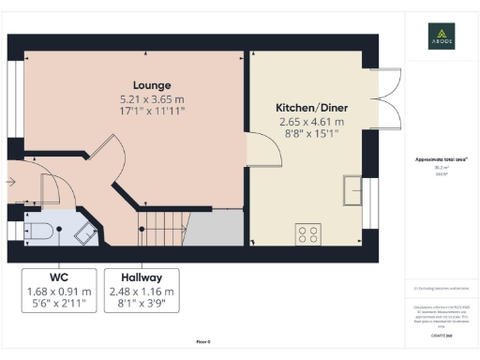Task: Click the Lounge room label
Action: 152,83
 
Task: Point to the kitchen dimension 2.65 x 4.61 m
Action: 307,122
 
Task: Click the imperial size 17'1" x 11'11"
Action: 152,111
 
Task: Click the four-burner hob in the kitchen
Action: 307,232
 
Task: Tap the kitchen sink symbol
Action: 354,189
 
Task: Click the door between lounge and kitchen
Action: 256,150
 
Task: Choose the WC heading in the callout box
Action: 60,277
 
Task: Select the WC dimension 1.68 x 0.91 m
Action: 60,292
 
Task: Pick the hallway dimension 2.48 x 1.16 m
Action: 142,292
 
